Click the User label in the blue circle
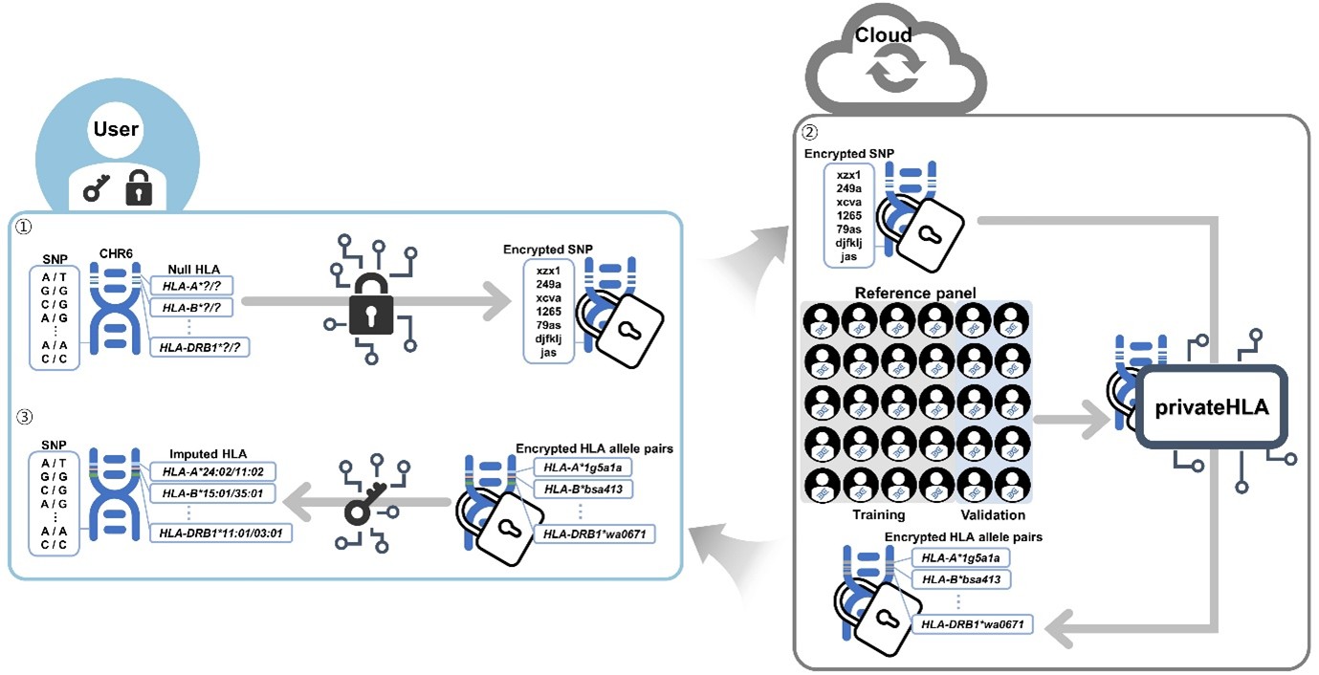116,129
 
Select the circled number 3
23,417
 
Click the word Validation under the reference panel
994,514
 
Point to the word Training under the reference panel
879,514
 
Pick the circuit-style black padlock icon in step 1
372,299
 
